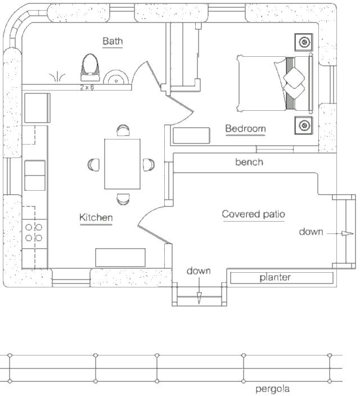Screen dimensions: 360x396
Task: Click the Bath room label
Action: [x=112, y=41]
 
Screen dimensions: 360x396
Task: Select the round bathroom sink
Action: [x=116, y=78]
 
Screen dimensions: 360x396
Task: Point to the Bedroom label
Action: [x=245, y=129]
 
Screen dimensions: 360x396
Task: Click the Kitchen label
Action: [x=96, y=218]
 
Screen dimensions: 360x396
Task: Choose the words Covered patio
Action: [x=253, y=214]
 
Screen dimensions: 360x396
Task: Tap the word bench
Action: [x=249, y=162]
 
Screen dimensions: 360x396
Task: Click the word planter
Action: [x=275, y=277]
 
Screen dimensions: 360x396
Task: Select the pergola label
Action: [x=272, y=389]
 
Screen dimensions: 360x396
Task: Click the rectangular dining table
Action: [x=123, y=164]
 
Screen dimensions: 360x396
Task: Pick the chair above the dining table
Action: [x=123, y=130]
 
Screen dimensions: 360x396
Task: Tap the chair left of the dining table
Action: [x=93, y=165]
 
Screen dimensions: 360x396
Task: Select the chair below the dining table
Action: [x=123, y=199]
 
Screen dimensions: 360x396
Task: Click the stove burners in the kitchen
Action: [x=34, y=233]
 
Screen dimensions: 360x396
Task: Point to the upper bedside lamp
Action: [x=304, y=42]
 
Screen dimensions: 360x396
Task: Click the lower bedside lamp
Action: [x=304, y=125]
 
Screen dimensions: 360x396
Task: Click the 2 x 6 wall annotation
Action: [x=87, y=87]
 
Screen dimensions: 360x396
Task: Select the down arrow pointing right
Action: [x=340, y=233]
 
